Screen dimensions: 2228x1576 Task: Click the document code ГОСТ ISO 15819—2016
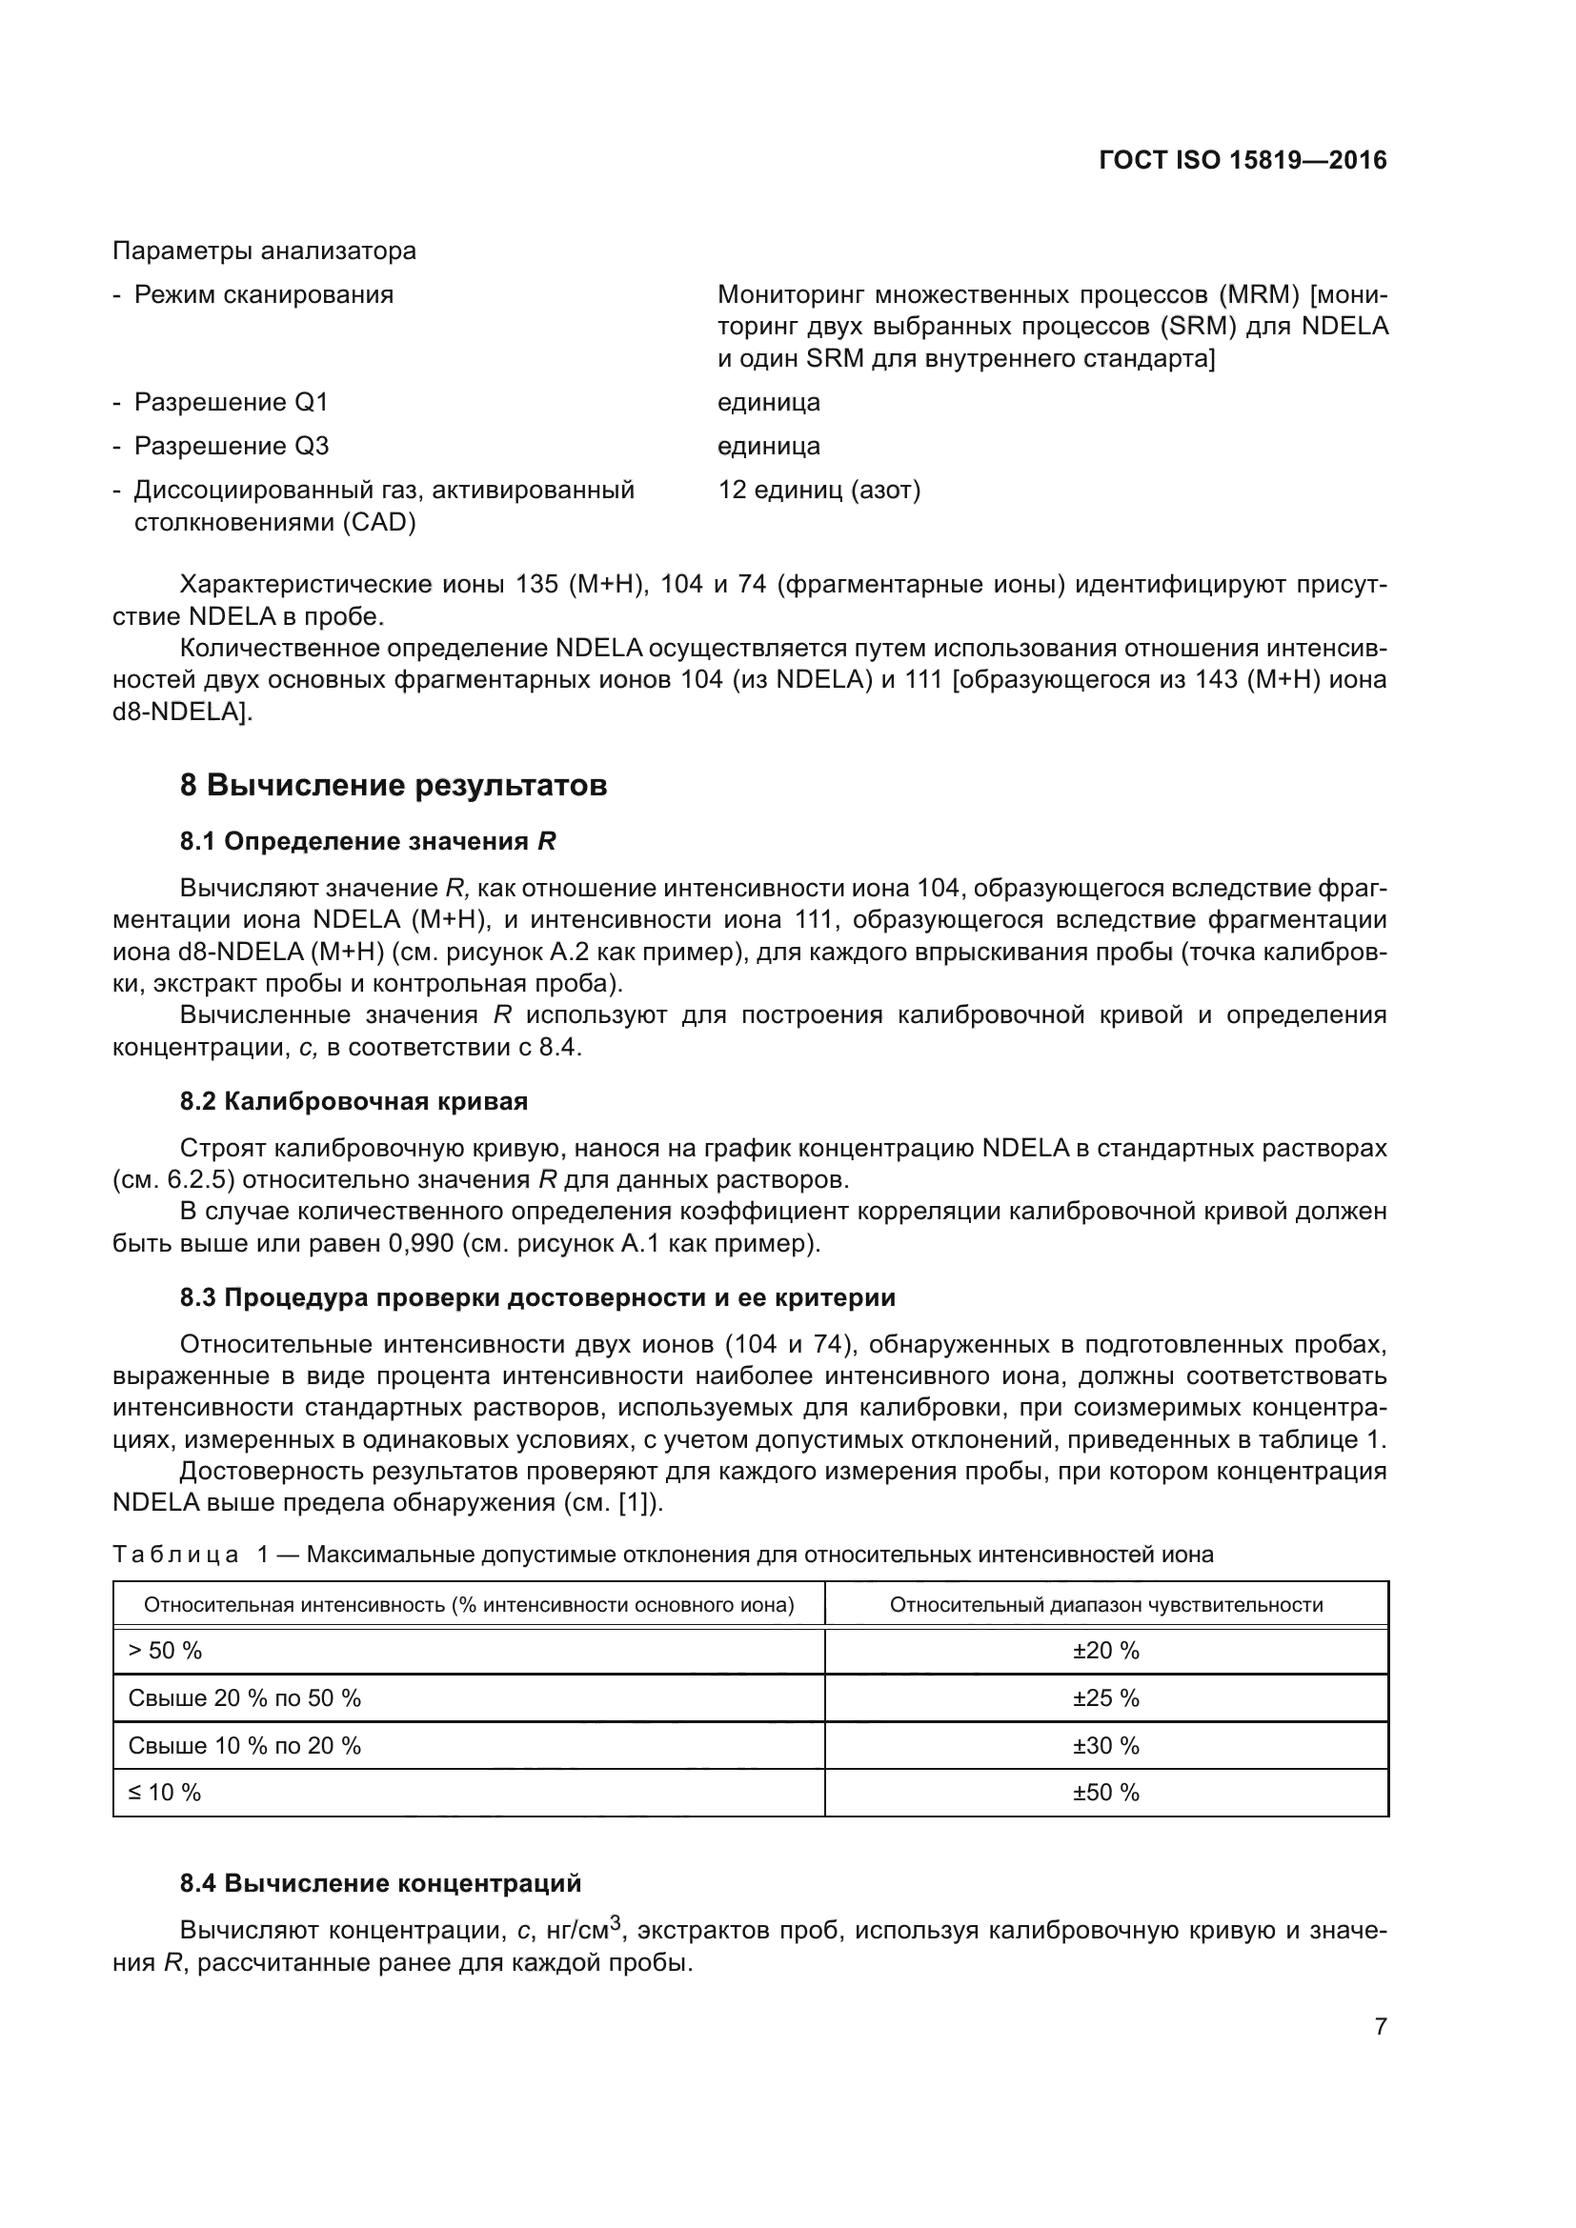(1243, 160)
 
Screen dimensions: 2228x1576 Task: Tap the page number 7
(1380, 2026)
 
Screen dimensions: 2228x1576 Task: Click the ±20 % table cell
(1105, 1651)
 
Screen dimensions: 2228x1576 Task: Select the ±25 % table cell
(1105, 1698)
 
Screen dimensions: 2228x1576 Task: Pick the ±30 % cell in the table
(1105, 1746)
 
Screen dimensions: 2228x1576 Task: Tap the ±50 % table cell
(1105, 1793)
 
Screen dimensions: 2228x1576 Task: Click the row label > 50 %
(165, 1651)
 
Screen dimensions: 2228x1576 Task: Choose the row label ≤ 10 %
(165, 1793)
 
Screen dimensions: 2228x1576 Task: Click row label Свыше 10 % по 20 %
(245, 1746)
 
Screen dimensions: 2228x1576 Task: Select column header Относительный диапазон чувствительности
(1105, 1605)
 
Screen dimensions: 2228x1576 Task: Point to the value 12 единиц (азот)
(819, 490)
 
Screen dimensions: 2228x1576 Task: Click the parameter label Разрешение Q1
(231, 402)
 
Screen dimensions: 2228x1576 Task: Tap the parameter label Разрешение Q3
(231, 447)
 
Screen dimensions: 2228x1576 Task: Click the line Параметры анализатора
(264, 251)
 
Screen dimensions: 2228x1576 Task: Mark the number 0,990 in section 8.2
(420, 1243)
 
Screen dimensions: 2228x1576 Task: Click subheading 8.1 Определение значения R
(368, 841)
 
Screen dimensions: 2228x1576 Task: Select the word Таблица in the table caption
(175, 1555)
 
